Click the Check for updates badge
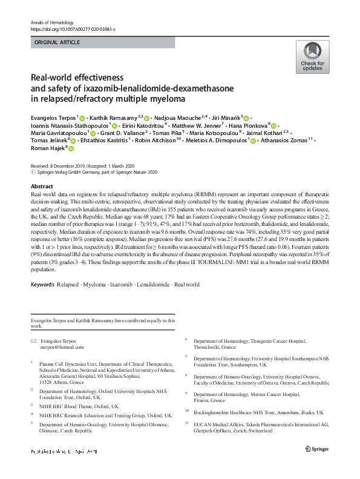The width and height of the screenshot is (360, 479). tap(312, 58)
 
